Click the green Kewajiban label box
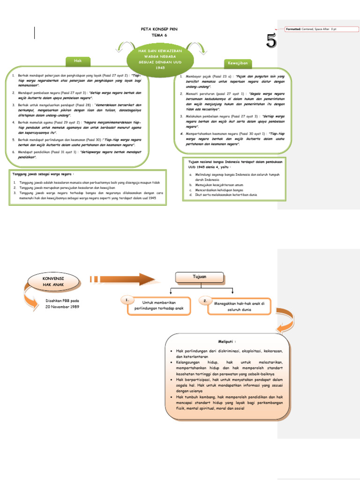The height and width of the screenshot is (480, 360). tap(238, 63)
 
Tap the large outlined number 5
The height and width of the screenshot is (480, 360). tap(271, 41)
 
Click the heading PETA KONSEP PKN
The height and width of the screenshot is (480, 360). tap(159, 29)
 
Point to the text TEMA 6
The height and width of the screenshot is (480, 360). tap(159, 35)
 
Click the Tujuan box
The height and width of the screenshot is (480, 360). tap(200, 277)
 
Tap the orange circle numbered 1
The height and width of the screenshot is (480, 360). tap(126, 299)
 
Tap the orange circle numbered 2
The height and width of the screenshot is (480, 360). tap(205, 300)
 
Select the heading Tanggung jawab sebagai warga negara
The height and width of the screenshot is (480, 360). tap(43, 173)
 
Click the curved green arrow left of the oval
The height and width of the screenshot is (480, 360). tap(124, 47)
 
